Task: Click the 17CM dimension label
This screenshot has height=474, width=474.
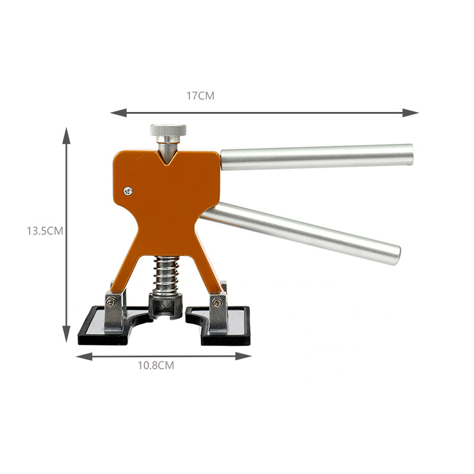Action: (x=200, y=96)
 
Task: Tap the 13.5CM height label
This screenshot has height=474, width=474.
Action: (x=45, y=231)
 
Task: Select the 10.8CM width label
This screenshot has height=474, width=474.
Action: (x=156, y=366)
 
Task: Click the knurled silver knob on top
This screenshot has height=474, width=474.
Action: (x=168, y=130)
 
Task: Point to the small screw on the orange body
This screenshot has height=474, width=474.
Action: (x=128, y=191)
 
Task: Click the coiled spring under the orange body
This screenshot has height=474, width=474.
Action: (x=166, y=275)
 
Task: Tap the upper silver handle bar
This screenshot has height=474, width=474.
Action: (x=316, y=157)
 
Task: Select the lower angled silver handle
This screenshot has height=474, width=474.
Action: (x=300, y=233)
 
